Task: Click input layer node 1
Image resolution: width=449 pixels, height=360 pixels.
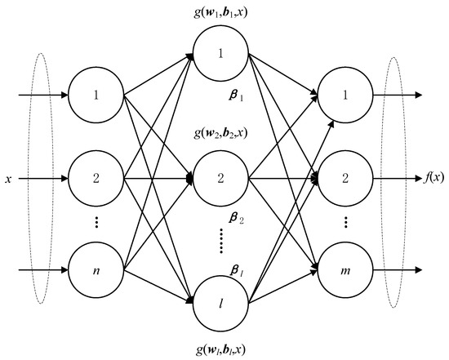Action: click(96, 96)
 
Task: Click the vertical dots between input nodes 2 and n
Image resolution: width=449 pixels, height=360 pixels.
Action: click(96, 222)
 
